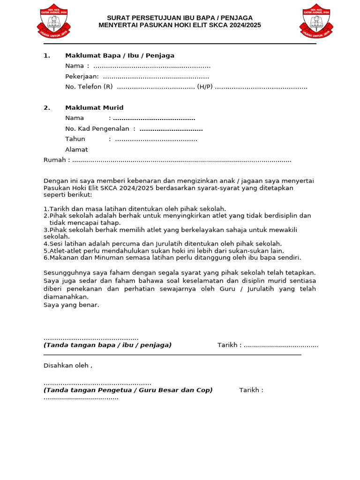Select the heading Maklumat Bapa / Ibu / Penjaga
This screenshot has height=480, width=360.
pos(120,55)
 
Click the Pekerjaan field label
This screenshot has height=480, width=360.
pos(82,76)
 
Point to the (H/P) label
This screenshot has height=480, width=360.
pos(205,87)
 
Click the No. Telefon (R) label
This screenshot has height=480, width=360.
pos(89,87)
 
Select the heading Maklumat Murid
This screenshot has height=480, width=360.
pos(94,108)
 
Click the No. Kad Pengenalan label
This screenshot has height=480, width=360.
pos(97,128)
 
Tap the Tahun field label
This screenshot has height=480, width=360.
pos(75,139)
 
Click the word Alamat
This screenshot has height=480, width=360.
pos(76,150)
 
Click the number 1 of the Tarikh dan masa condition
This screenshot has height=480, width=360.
pos(45,209)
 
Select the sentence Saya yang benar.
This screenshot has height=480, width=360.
pos(71,305)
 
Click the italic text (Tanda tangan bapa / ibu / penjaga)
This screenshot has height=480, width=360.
pos(107,345)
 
